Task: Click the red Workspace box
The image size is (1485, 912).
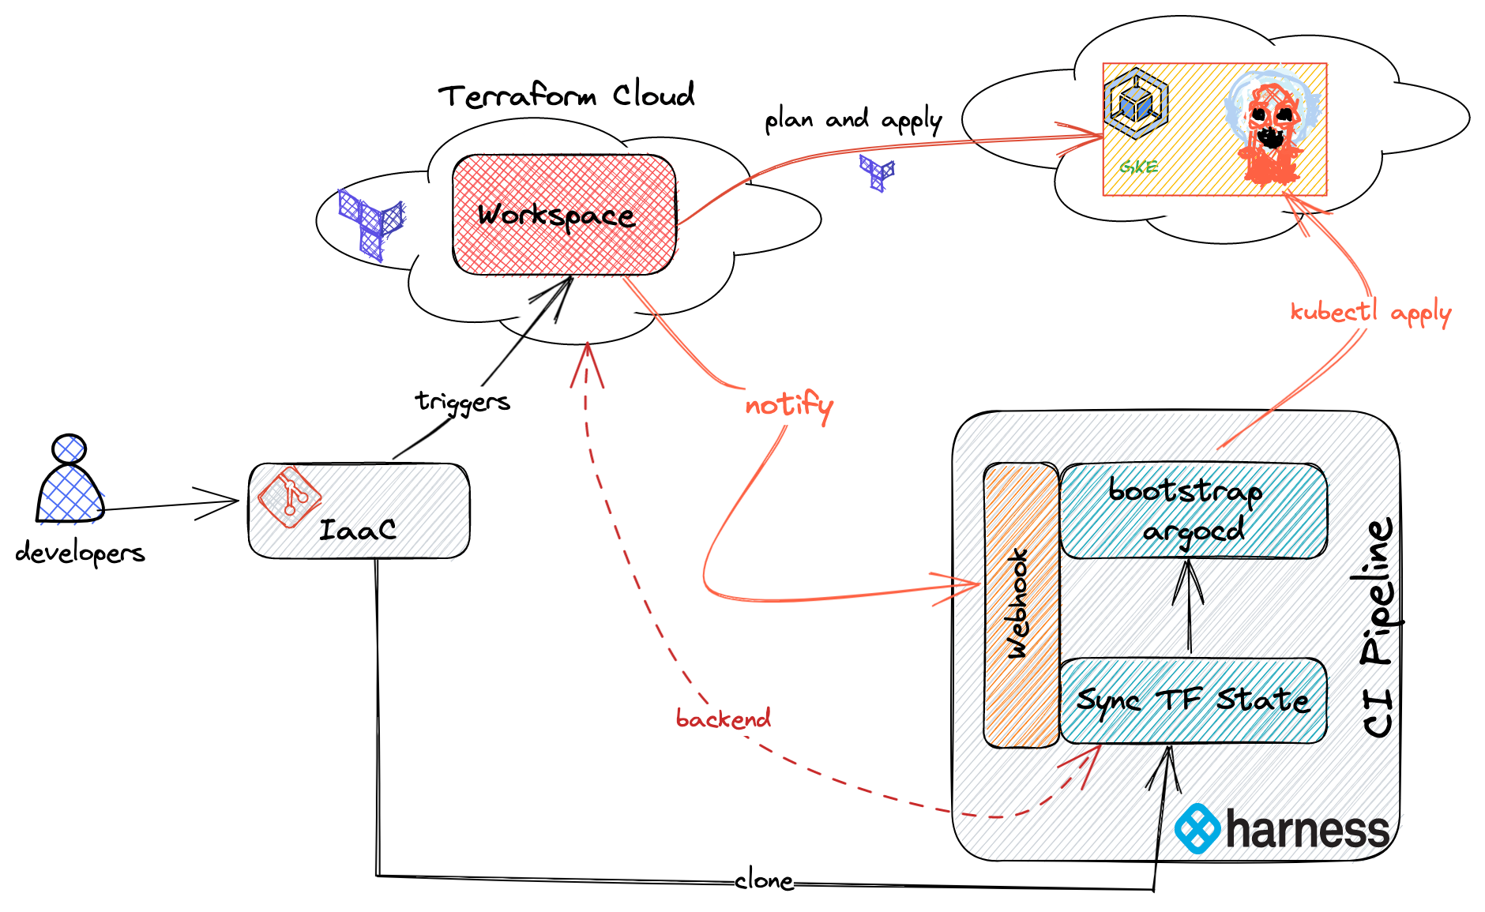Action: [564, 215]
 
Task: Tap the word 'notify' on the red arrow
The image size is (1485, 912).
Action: [788, 405]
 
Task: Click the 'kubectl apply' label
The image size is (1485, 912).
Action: [1370, 313]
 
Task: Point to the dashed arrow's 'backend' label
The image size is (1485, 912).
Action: [723, 719]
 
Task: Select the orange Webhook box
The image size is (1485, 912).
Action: [1021, 605]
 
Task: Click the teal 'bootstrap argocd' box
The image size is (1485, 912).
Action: [1192, 510]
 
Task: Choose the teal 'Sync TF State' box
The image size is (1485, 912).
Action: [1192, 700]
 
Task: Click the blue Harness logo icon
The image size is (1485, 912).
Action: [1197, 829]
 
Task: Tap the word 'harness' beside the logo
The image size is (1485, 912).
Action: [1307, 831]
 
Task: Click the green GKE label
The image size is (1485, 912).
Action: [1138, 167]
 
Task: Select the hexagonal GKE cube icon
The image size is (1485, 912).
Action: [1136, 103]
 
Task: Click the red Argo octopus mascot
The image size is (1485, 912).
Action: [1271, 130]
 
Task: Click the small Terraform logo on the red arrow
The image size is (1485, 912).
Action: [878, 171]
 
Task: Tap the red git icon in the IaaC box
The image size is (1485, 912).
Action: [289, 496]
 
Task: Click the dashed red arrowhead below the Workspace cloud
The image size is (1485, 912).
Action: [587, 365]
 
